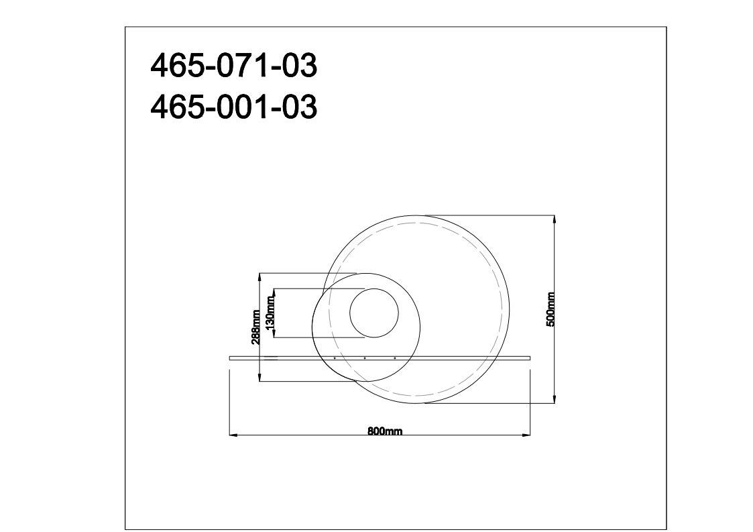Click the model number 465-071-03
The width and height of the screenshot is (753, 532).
pyautogui.click(x=234, y=65)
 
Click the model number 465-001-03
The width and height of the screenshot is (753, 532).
pyautogui.click(x=234, y=106)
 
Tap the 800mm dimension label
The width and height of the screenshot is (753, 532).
pyautogui.click(x=385, y=431)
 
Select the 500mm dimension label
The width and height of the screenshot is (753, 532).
pyautogui.click(x=551, y=309)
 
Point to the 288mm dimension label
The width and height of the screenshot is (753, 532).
pyautogui.click(x=256, y=327)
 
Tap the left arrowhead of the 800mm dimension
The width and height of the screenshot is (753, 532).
pyautogui.click(x=234, y=435)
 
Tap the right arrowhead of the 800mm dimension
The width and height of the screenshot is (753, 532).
pyautogui.click(x=526, y=435)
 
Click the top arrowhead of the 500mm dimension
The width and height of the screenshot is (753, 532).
pyautogui.click(x=555, y=219)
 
